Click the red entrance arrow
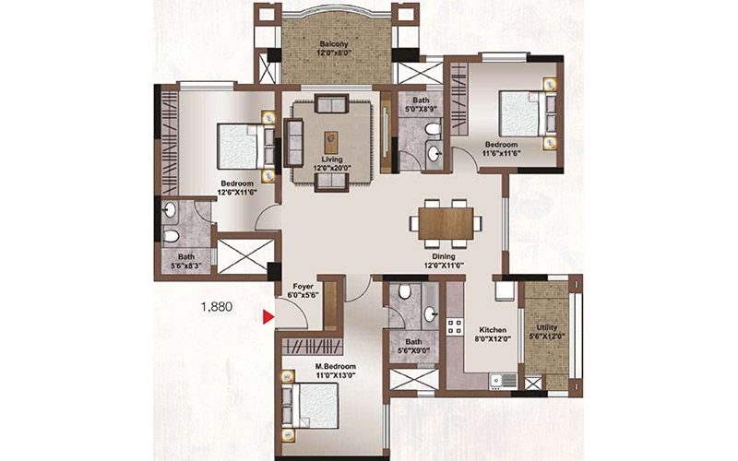[x=268, y=317]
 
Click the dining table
[x=446, y=223]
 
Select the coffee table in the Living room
[x=331, y=143]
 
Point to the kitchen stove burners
[x=455, y=326]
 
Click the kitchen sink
[x=503, y=380]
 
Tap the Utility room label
[x=546, y=327]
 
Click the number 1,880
[x=217, y=307]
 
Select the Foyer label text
[x=304, y=286]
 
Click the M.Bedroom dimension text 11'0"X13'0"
[x=335, y=375]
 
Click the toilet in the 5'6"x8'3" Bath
[x=171, y=235]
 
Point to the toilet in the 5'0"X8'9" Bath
[x=433, y=128]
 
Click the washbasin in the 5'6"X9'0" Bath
[x=431, y=313]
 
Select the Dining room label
[x=444, y=256]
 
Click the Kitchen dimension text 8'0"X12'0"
[x=493, y=338]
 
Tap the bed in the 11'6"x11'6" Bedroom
[x=528, y=113]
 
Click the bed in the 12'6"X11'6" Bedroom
[x=246, y=146]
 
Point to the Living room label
[x=332, y=160]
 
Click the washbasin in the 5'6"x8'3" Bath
[x=170, y=210]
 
